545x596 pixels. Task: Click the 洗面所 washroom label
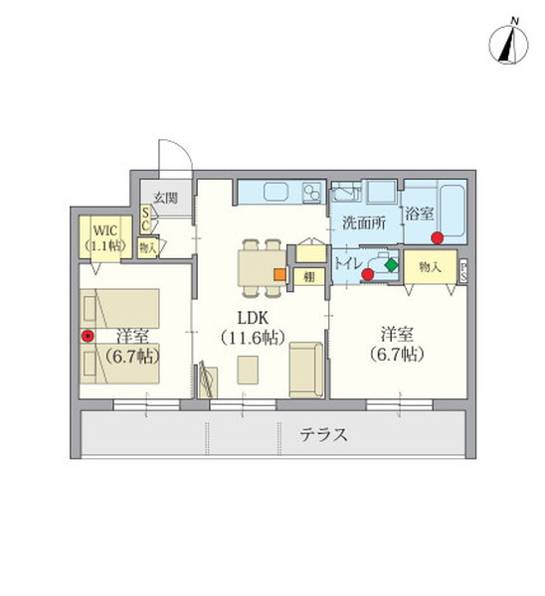click(x=365, y=223)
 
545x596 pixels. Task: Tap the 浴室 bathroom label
click(x=418, y=214)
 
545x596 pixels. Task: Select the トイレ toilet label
click(x=348, y=264)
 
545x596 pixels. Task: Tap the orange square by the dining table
click(x=280, y=274)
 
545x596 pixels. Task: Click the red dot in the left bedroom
click(x=88, y=336)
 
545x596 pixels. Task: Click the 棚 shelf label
click(x=309, y=277)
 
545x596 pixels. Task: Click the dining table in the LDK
click(x=259, y=266)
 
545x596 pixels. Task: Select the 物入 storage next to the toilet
click(x=430, y=268)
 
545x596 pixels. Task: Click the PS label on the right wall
click(x=465, y=271)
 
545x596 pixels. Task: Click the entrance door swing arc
click(x=177, y=159)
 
